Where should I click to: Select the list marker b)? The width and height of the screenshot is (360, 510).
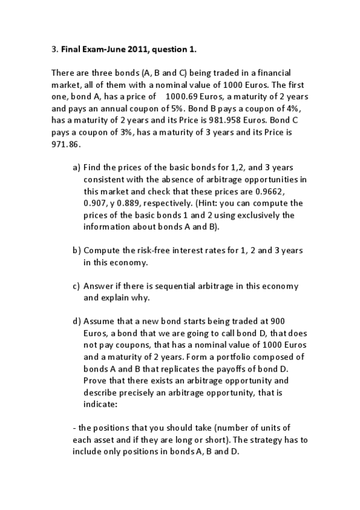pyautogui.click(x=76, y=250)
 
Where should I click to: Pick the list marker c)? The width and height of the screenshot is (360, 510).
pyautogui.click(x=76, y=286)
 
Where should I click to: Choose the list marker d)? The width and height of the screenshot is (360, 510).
pyautogui.click(x=76, y=321)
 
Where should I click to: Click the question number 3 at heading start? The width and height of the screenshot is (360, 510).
pyautogui.click(x=54, y=50)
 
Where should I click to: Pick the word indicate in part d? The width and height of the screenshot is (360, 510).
pyautogui.click(x=99, y=404)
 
